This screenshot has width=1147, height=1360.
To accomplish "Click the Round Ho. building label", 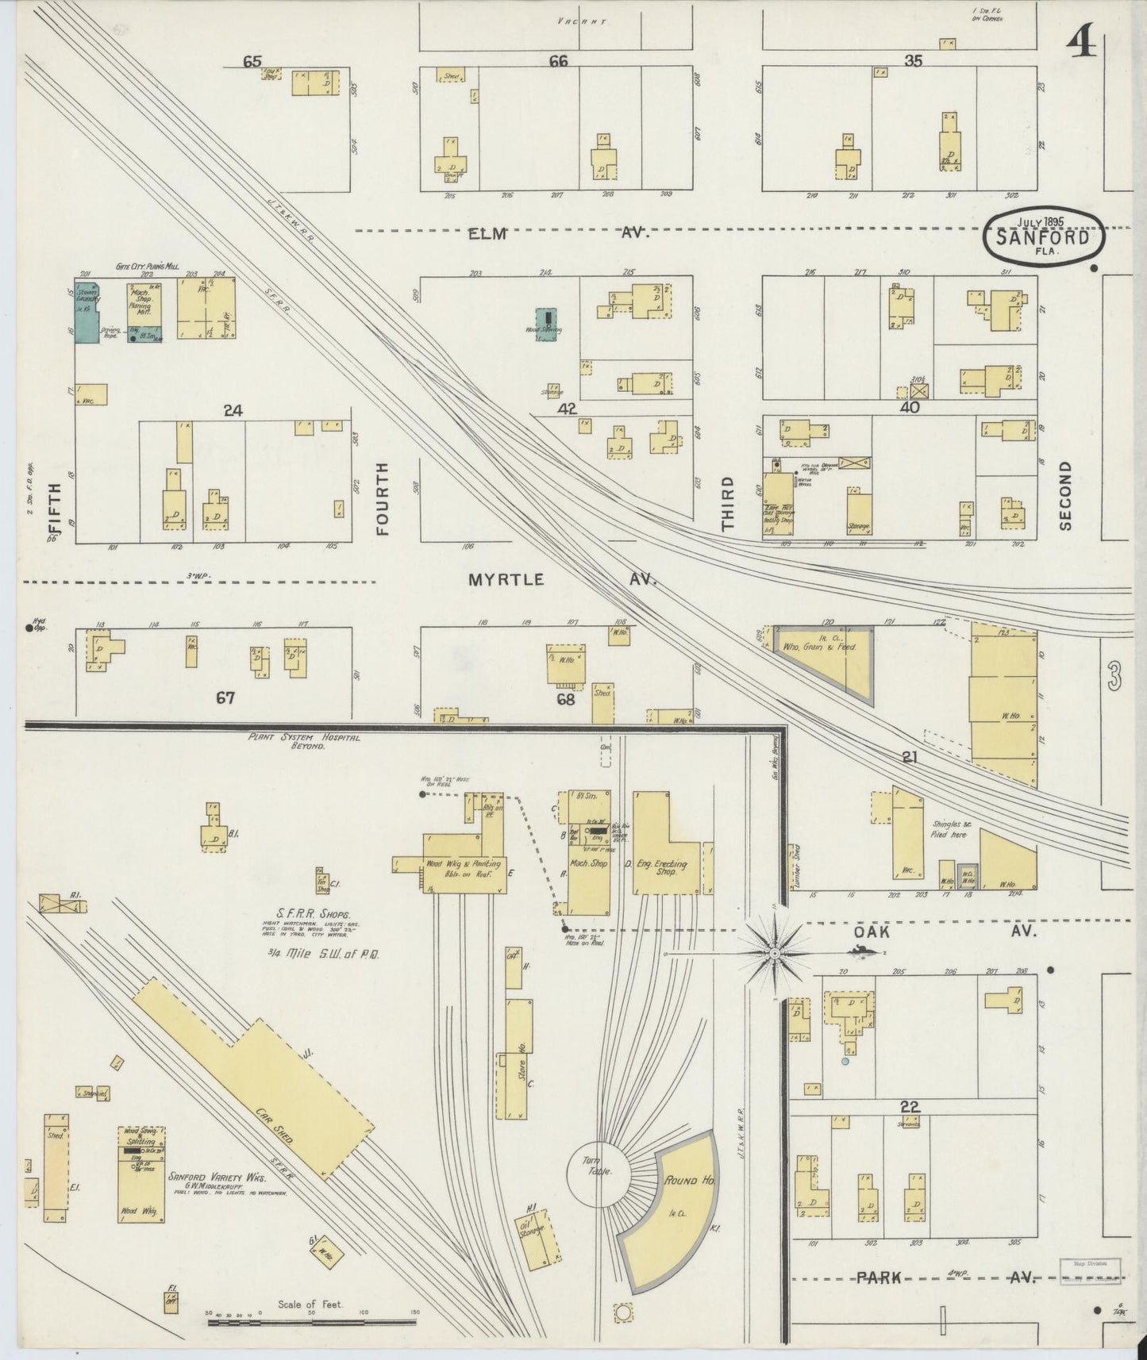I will (x=690, y=1181).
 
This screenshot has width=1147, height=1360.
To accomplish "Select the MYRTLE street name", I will (x=506, y=580).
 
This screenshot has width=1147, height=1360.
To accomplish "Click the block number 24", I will (x=233, y=411).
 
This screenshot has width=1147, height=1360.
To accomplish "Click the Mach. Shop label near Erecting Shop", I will (x=587, y=863).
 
